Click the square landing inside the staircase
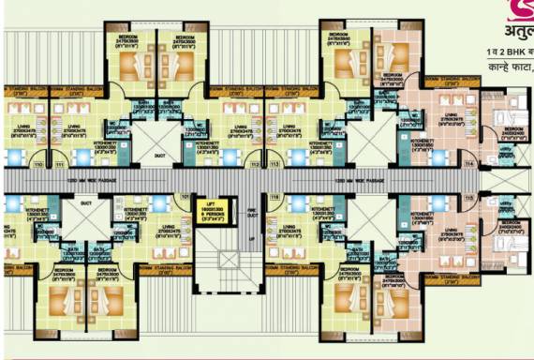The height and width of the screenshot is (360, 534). pos(225,257)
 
